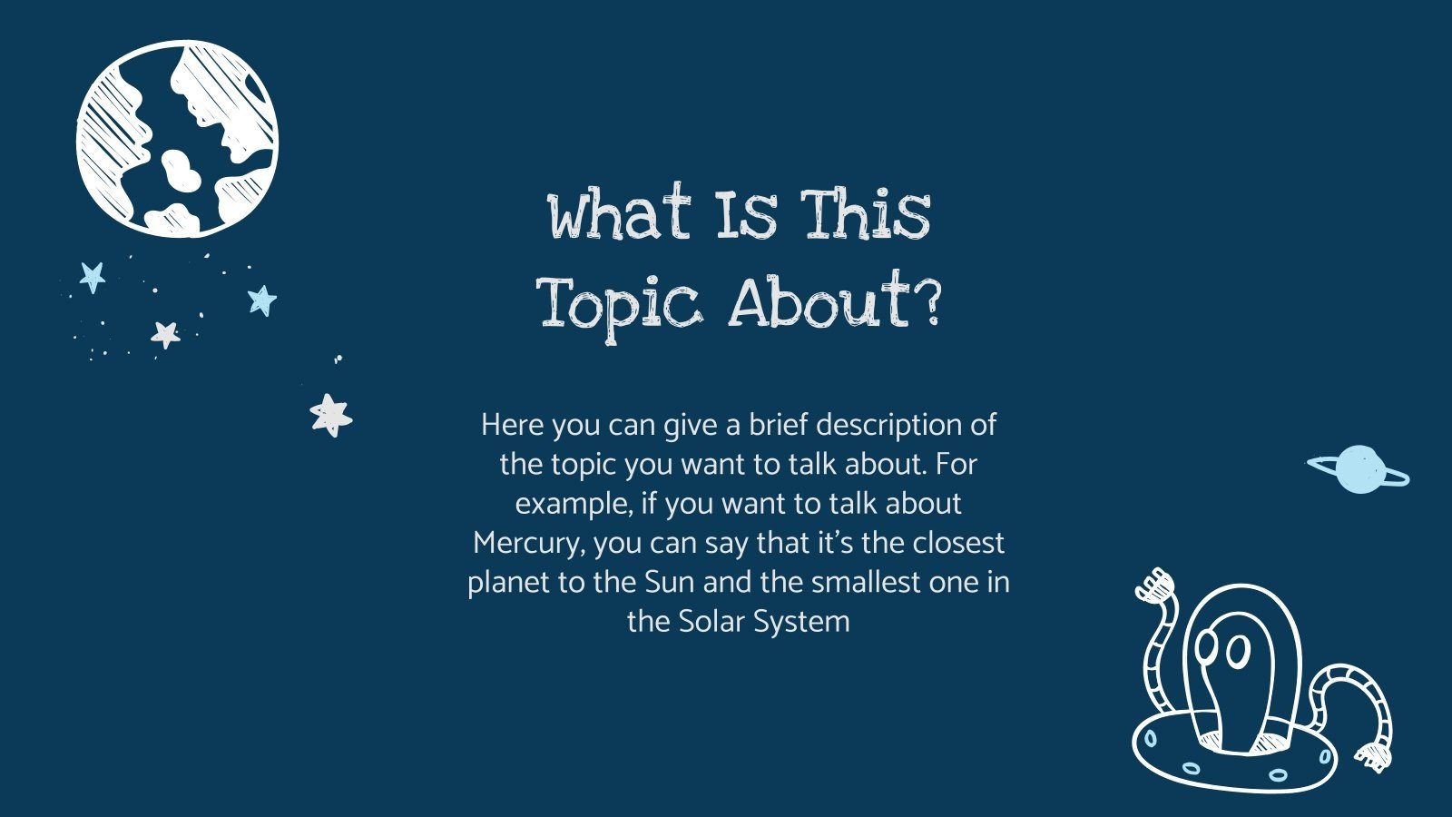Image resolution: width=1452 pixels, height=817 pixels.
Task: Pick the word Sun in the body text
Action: [x=669, y=582]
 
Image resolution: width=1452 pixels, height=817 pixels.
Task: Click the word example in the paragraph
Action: [x=573, y=504]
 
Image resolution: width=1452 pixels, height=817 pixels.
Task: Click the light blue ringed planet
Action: [x=1359, y=468]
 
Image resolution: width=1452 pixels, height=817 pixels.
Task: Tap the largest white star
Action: [x=330, y=415]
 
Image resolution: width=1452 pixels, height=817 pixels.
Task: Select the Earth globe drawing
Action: [x=177, y=139]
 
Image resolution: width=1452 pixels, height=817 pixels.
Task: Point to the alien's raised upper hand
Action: [x=1155, y=586]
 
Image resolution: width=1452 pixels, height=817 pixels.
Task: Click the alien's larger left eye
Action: [x=1238, y=650]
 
